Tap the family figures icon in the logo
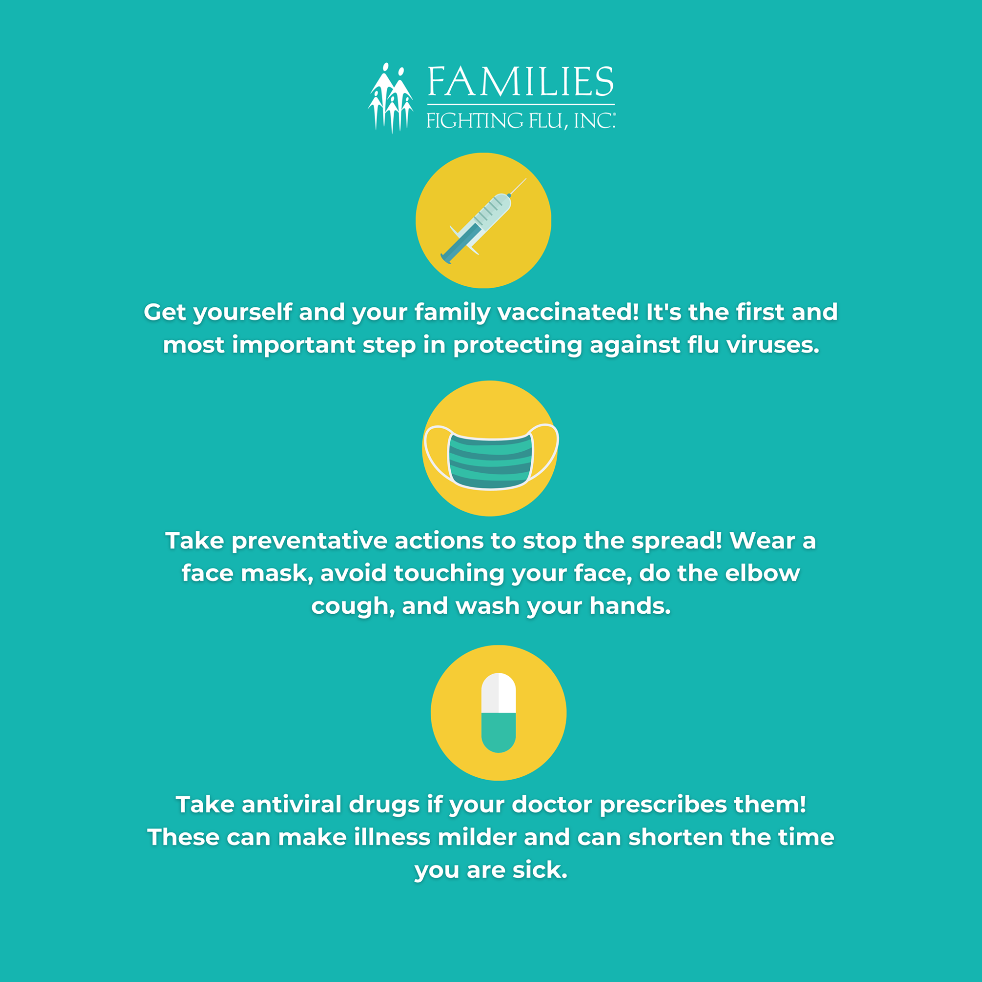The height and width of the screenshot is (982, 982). (x=390, y=98)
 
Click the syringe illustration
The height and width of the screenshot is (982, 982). (x=483, y=221)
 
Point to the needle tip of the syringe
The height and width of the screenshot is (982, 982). (x=526, y=179)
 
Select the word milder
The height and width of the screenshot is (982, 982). (x=477, y=837)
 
